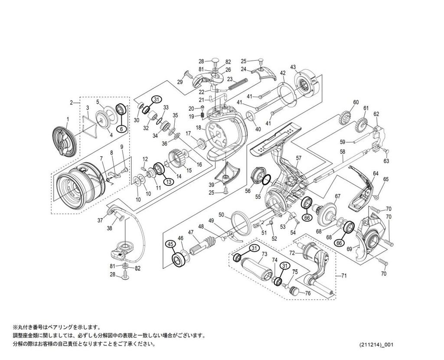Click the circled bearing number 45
pos(170,245)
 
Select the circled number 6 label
pos(122,129)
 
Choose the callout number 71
pos(344,275)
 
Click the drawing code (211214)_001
pos(376,345)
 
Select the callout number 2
pos(71,103)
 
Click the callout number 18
pos(199,128)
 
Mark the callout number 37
pos(100,220)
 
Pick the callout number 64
pos(375,173)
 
